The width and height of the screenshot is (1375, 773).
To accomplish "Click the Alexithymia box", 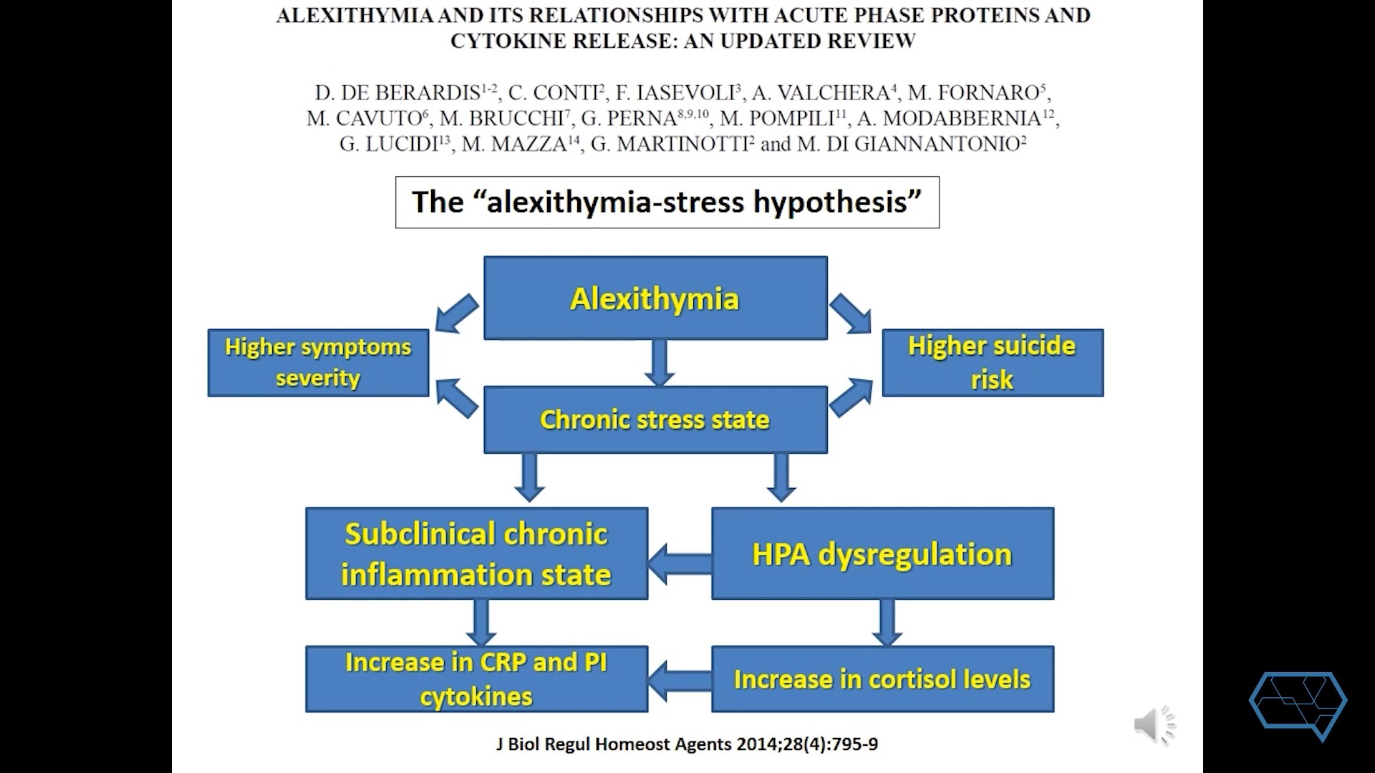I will tap(655, 298).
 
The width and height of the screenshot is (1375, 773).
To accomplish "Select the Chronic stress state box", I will tap(655, 419).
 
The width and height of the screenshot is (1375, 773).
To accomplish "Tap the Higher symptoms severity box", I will tap(318, 362).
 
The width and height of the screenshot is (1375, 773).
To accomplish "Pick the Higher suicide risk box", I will tap(992, 362).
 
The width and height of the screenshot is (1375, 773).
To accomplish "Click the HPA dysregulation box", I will tap(882, 553).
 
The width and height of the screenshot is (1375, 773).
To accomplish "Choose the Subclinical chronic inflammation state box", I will tap(476, 553).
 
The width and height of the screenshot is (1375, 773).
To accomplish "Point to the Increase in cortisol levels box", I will tap(882, 679).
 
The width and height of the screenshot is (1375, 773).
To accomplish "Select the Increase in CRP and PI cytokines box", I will tap(476, 679).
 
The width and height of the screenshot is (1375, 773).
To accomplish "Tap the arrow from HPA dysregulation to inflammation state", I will tap(679, 563).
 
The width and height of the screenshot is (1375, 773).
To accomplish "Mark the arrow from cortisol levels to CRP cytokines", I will tap(679, 681).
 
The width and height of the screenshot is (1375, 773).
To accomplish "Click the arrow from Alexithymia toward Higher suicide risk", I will tap(851, 313).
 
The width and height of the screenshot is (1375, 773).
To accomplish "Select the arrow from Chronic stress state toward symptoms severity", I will tap(456, 397).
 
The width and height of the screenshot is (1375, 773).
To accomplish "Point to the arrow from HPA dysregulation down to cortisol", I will tap(887, 622).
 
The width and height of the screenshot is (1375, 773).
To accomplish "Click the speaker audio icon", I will tap(1154, 725).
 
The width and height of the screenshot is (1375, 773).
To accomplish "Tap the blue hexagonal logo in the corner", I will tap(1298, 704).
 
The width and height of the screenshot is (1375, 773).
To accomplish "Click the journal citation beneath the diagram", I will tap(687, 744).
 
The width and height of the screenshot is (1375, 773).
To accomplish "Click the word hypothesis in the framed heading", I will tap(836, 203).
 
